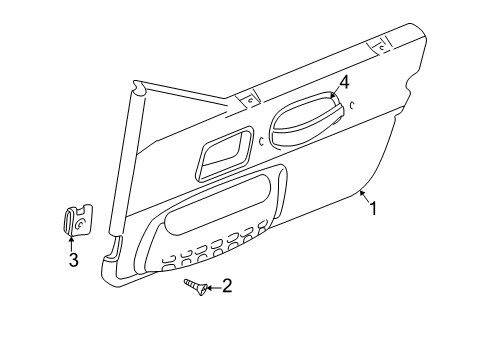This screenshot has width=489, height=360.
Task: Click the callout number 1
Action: (x=375, y=209)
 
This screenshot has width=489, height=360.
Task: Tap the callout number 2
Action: (x=227, y=287)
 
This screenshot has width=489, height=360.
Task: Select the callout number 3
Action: (x=73, y=262)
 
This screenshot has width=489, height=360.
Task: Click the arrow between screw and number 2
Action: (x=212, y=287)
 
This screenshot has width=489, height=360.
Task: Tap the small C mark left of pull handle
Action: (x=261, y=142)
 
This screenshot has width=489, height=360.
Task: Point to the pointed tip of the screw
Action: (x=185, y=283)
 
